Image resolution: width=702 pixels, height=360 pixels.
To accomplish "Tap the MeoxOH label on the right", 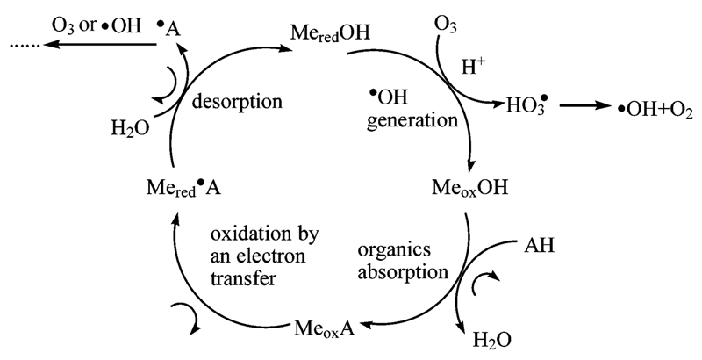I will point(470,188).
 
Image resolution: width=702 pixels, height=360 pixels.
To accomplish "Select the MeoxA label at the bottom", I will point(326,330).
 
